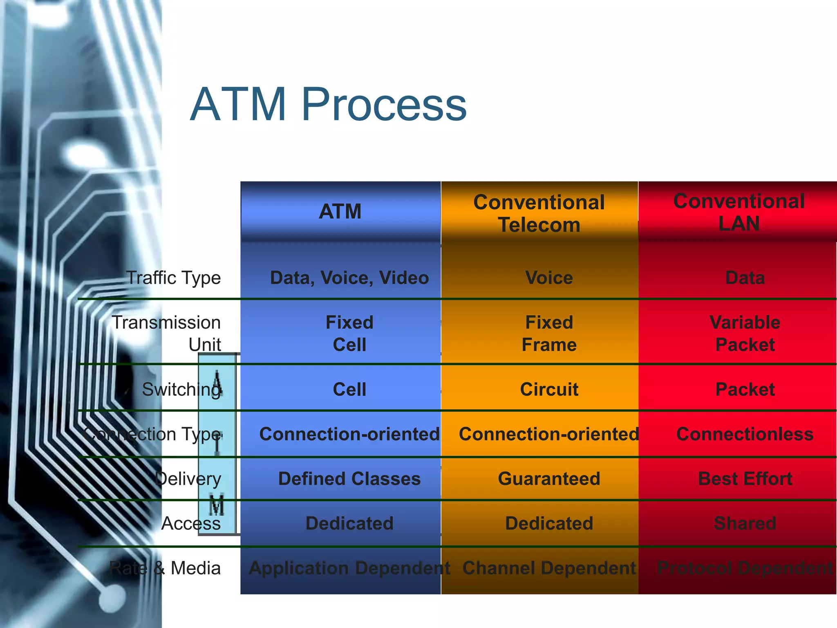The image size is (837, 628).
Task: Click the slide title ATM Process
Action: point(328,104)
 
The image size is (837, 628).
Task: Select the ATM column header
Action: point(340,211)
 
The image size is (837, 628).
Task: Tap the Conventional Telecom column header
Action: point(539,213)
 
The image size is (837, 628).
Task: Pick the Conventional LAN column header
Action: point(739,212)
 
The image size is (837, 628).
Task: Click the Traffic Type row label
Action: point(173,278)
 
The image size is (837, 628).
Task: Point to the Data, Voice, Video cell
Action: point(349,278)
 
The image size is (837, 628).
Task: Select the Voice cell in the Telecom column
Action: point(549,278)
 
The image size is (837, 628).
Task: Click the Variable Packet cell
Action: point(745,333)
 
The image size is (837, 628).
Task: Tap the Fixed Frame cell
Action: point(549,333)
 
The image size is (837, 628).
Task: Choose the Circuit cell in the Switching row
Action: point(549,389)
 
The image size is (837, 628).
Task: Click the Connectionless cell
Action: point(745,434)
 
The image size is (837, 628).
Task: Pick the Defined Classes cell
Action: point(349,478)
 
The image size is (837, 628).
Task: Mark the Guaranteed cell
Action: point(549,478)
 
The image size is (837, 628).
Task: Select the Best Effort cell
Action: point(745,478)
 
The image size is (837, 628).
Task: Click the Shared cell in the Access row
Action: point(745,523)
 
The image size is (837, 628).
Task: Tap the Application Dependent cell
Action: point(349,568)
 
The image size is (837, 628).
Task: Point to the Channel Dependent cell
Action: point(549,568)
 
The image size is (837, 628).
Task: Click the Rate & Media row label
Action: point(165,568)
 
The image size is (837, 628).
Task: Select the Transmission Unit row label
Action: point(167,333)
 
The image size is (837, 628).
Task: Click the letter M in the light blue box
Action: point(217,505)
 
